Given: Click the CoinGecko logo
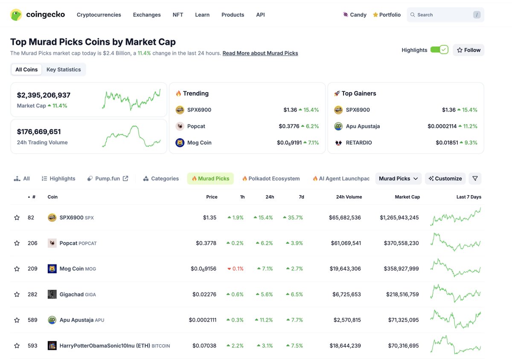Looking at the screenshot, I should (x=38, y=15).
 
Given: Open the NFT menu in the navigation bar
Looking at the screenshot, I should (x=178, y=15).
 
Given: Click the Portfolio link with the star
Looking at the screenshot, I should (x=387, y=15).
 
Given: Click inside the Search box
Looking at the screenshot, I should (x=442, y=15).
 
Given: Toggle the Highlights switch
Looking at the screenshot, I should (x=439, y=50).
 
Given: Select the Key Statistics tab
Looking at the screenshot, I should (x=64, y=70).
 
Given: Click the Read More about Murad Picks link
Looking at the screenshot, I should (x=260, y=53).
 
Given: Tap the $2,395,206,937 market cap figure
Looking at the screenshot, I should (x=44, y=95).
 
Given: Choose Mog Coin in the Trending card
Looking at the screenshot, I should (x=199, y=143).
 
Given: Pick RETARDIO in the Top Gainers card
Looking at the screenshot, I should (x=358, y=143).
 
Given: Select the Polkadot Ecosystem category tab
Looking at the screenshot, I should (x=273, y=179).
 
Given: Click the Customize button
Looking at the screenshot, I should (x=445, y=179).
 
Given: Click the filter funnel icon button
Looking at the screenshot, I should (x=475, y=179).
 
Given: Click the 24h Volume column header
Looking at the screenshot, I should (x=349, y=197).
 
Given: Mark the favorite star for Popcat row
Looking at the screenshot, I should (x=17, y=243).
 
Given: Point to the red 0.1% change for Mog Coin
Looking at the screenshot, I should (x=236, y=269).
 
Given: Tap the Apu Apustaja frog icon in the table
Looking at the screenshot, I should (x=52, y=320).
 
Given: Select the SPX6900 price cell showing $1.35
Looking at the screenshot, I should (x=209, y=217).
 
